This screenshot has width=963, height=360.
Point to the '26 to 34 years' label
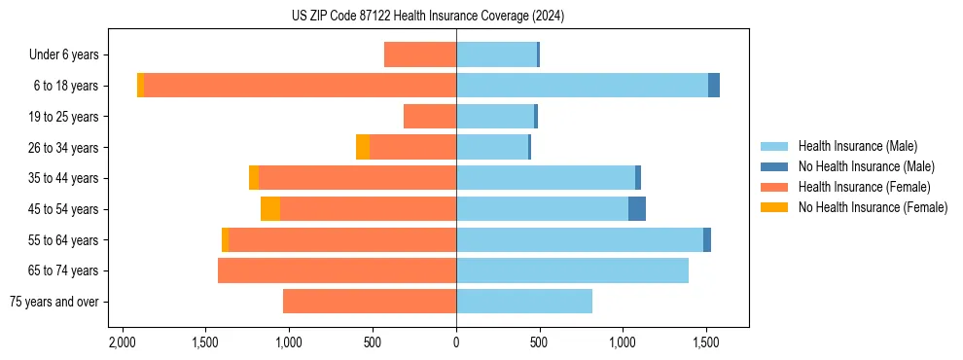click(x=63, y=148)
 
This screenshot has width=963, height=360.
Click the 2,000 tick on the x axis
click(x=122, y=343)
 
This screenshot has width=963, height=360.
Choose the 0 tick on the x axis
click(x=456, y=343)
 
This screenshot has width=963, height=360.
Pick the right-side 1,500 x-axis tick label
click(x=705, y=343)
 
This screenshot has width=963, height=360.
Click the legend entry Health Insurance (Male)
click(x=856, y=146)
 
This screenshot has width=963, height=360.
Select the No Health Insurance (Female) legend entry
click(x=873, y=207)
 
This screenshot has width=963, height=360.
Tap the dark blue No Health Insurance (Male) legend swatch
click(x=774, y=166)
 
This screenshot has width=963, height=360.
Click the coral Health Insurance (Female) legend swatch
click(x=774, y=187)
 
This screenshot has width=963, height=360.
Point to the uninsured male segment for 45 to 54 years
click(x=637, y=209)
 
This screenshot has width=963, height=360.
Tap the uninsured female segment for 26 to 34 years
click(x=363, y=147)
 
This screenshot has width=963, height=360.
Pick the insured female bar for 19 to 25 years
click(x=430, y=117)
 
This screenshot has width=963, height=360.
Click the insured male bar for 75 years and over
click(x=524, y=302)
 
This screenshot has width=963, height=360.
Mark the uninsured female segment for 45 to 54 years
click(x=270, y=209)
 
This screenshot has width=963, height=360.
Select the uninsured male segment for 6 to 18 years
click(x=714, y=86)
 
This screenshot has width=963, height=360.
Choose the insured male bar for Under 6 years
click(x=496, y=54)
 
